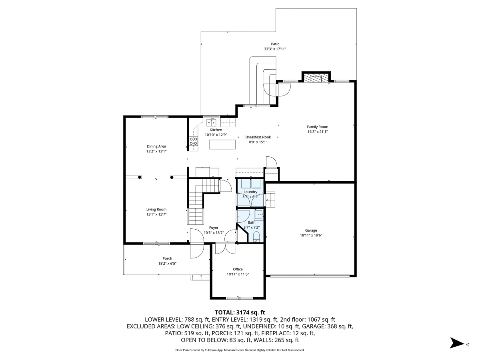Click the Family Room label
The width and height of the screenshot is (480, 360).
[317, 127]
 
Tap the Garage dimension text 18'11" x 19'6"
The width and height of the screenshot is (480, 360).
[311, 235]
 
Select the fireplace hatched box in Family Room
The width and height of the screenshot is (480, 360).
[316, 78]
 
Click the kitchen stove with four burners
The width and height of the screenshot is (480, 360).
[193, 141]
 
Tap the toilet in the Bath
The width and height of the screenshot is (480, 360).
[257, 236]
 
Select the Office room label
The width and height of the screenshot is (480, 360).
[238, 269]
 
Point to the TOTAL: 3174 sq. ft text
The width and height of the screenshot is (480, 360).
[240, 312]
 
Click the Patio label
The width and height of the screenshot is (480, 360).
[275, 44]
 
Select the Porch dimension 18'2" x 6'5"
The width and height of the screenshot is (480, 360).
[167, 263]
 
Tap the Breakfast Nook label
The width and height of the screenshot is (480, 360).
[258, 137]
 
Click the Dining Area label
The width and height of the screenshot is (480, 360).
[156, 146]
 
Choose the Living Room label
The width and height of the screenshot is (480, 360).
[156, 209]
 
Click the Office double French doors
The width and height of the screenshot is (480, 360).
[226, 248]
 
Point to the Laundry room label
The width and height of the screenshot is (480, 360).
[250, 192]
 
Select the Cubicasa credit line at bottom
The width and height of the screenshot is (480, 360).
[240, 350]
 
